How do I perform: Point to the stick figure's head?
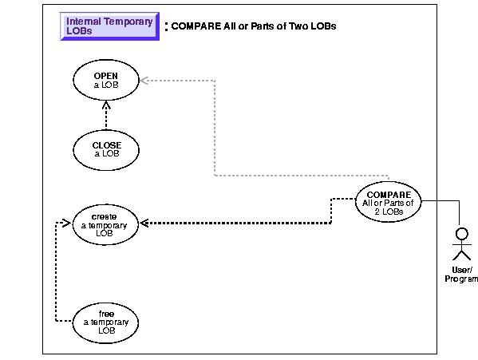pyautogui.click(x=461, y=234)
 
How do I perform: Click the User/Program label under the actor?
pyautogui.click(x=461, y=275)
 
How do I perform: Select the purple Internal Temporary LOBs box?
pyautogui.click(x=109, y=26)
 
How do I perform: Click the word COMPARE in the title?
pyautogui.click(x=196, y=26)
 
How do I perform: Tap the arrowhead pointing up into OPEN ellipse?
pyautogui.click(x=106, y=105)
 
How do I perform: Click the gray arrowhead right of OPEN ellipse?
pyautogui.click(x=144, y=81)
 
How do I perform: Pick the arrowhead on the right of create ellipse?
pyautogui.click(x=144, y=224)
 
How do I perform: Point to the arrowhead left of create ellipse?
pyautogui.click(x=67, y=224)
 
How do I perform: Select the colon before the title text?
pyautogui.click(x=166, y=26)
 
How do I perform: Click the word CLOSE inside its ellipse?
pyautogui.click(x=107, y=145)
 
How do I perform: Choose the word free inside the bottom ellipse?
pyautogui.click(x=106, y=314)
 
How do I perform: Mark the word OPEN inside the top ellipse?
pyautogui.click(x=106, y=76)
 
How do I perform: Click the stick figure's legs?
pyautogui.click(x=461, y=255)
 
